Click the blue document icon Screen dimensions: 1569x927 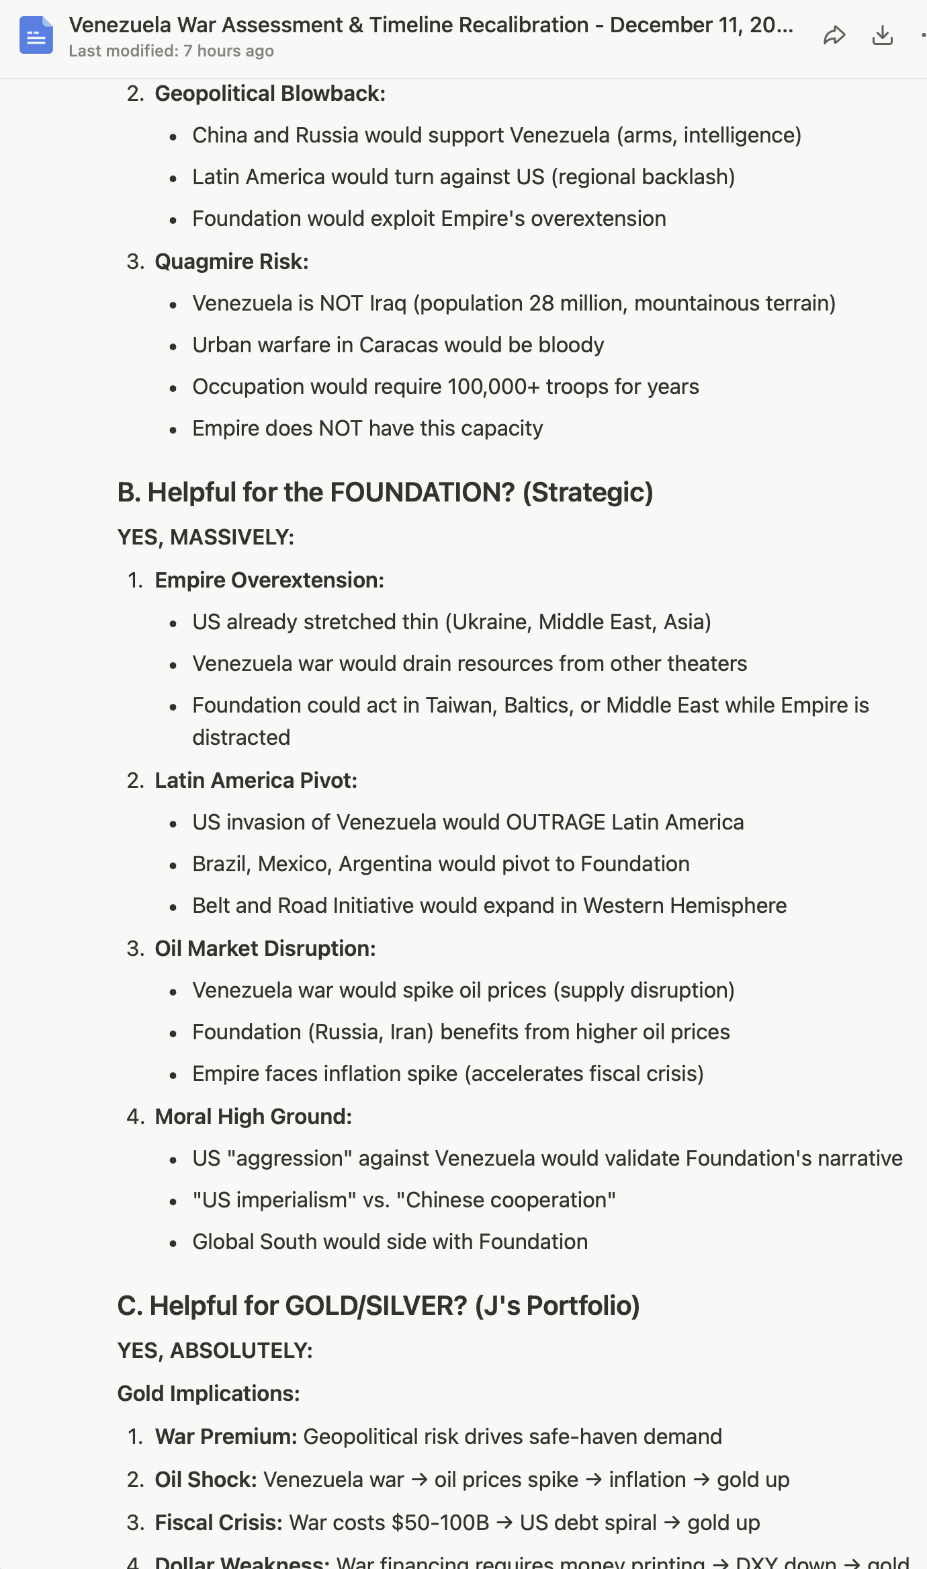pyautogui.click(x=36, y=36)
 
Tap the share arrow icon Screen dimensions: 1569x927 pyautogui.click(x=834, y=35)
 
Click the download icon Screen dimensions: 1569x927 pyautogui.click(x=882, y=35)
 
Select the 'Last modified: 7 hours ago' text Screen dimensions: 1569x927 pyautogui.click(x=171, y=51)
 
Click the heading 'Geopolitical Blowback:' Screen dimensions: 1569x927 pyautogui.click(x=270, y=93)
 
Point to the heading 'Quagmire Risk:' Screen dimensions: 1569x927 pyautogui.click(x=232, y=261)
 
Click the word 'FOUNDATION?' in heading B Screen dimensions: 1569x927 pyautogui.click(x=422, y=492)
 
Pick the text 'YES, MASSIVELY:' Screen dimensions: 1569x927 pyautogui.click(x=206, y=537)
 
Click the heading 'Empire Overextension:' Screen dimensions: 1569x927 pyautogui.click(x=269, y=580)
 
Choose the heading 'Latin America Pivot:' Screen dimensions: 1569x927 pyautogui.click(x=256, y=780)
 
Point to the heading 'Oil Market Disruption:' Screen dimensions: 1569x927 pyautogui.click(x=265, y=949)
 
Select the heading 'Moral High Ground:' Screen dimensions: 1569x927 pyautogui.click(x=253, y=1117)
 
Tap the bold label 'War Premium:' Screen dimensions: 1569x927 pyautogui.click(x=226, y=1437)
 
